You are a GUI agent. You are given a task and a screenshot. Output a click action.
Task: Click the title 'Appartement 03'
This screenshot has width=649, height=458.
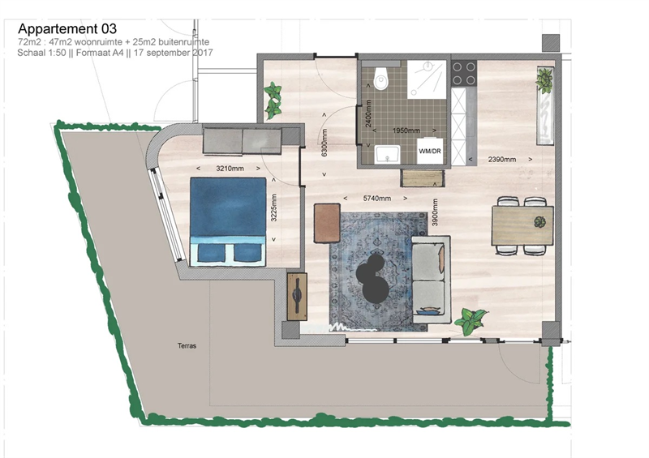[67, 28]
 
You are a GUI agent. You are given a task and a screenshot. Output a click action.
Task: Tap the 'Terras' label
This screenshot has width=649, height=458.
[187, 345]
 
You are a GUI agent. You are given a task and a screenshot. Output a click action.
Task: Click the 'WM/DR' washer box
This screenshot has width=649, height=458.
[430, 151]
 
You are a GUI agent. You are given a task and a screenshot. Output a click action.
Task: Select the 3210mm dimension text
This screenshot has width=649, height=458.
[230, 169]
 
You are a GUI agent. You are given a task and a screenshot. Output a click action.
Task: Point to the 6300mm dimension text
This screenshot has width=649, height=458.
[324, 143]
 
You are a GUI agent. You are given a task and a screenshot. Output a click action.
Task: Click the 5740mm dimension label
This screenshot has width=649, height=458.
[376, 198]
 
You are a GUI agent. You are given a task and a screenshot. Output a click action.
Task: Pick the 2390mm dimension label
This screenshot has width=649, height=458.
[502, 159]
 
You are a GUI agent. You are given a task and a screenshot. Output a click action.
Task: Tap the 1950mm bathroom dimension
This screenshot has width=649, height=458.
[406, 131]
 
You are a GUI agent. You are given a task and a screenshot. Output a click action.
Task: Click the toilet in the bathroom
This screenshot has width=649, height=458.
[380, 78]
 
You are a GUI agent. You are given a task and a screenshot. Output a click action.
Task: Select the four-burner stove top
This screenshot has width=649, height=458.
[464, 73]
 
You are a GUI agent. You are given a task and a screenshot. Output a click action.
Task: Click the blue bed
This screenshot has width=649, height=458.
[228, 222]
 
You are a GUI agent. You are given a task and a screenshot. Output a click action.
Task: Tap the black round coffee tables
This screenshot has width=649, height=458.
[372, 278]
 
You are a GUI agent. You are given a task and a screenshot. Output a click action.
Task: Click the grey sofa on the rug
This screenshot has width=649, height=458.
[431, 280]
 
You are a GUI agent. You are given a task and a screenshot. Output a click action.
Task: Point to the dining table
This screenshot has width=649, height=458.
[522, 226]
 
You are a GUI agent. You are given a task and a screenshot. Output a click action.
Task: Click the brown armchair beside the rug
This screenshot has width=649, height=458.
[327, 222]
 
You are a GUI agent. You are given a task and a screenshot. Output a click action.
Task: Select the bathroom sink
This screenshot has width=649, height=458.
[388, 154]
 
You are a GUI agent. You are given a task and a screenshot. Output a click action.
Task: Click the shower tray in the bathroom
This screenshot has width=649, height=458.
[427, 79]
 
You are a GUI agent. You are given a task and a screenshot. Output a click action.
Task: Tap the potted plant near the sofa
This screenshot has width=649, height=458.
[471, 320]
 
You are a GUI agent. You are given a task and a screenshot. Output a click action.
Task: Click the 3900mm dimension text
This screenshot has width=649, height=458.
[435, 212]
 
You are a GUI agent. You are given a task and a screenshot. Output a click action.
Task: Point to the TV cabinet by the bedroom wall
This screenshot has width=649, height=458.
[297, 296]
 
